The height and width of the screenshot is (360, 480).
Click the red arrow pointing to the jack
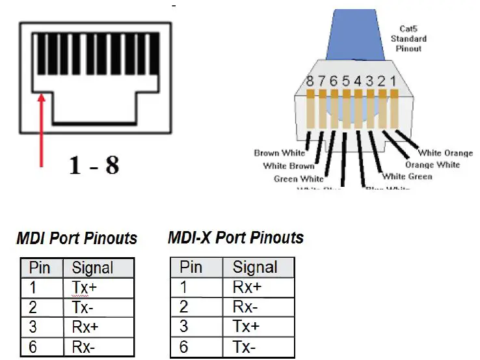42,130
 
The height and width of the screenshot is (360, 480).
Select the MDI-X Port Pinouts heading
235,237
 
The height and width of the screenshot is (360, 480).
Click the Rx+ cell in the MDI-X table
247,287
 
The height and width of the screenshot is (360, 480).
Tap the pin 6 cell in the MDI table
33,347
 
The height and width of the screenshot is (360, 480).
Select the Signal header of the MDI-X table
255,267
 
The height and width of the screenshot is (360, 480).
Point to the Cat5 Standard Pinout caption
408,38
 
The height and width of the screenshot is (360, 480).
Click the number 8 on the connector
311,82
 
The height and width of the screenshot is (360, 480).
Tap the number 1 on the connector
391,82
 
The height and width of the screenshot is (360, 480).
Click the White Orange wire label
445,153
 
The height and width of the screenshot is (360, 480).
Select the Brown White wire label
280,154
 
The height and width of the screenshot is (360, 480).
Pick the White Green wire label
407,176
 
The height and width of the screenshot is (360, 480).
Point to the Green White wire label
298,178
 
